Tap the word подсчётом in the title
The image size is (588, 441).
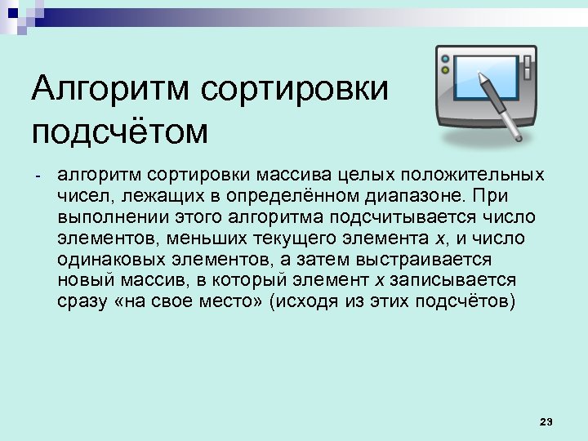[x=120, y=130]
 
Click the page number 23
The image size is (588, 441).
[x=546, y=421]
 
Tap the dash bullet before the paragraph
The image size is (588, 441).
[x=37, y=176]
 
